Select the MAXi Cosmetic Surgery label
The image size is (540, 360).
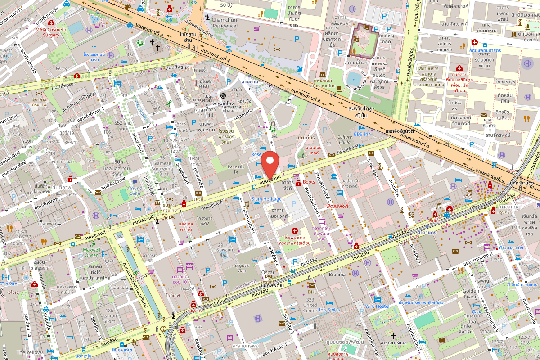point(51,32)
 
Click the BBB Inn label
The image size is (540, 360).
point(362,134)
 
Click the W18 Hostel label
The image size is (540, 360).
point(376,306)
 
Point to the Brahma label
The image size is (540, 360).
point(337,274)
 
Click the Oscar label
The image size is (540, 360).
point(268,273)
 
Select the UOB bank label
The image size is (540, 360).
point(198,199)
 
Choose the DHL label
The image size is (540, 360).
point(312,292)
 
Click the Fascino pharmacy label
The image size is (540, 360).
point(195,310)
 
